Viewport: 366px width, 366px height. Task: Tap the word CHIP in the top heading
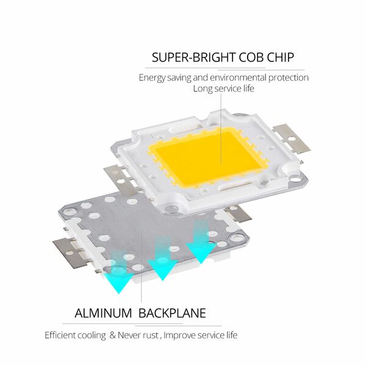(x=280, y=57)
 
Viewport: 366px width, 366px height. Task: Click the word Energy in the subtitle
(x=152, y=78)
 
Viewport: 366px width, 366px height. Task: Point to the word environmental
(x=238, y=77)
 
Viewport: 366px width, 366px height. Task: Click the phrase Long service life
(x=223, y=89)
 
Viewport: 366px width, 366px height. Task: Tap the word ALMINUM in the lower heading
(x=103, y=314)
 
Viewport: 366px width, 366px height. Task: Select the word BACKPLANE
(x=172, y=314)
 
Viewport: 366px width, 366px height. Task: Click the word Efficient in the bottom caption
(x=60, y=335)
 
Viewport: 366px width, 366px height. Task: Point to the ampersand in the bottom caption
(x=113, y=335)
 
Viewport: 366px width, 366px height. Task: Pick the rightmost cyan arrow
(x=201, y=243)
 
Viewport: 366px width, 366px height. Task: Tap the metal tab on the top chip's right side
(x=292, y=138)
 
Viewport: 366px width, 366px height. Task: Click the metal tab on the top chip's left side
(x=121, y=179)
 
